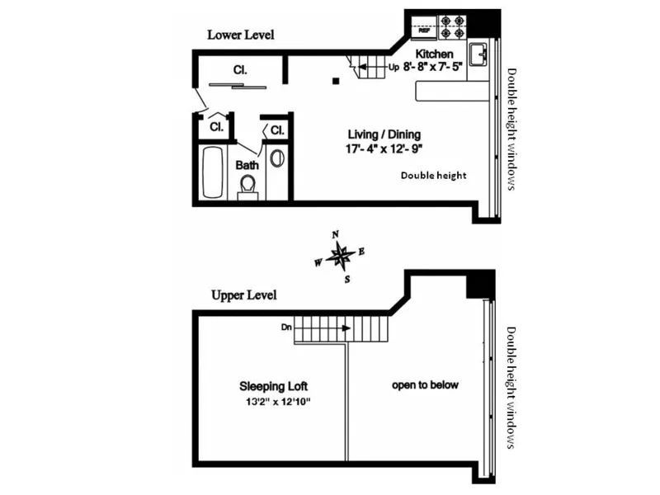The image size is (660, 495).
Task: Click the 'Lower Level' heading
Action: (240, 35)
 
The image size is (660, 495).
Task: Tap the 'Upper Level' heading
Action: (243, 295)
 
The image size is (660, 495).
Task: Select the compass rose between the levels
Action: (339, 257)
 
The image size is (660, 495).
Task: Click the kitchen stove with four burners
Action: (453, 28)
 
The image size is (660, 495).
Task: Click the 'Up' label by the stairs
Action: (394, 68)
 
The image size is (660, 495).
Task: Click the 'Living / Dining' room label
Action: (384, 134)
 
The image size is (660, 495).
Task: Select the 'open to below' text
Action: (425, 385)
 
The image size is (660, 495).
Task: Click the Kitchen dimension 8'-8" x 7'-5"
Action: (434, 68)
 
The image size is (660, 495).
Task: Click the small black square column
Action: (336, 81)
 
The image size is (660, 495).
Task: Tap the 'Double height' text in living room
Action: (433, 175)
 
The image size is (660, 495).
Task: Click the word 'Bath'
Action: (247, 165)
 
